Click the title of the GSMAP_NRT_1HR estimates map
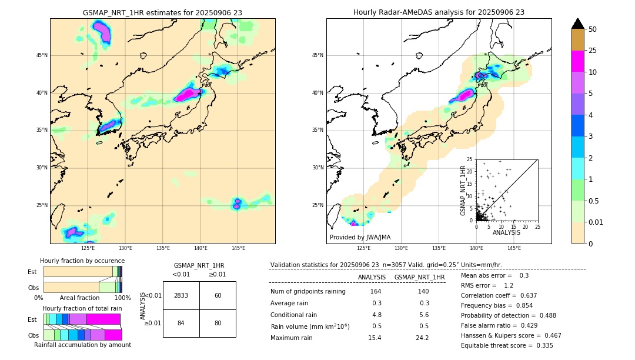(x=162, y=12)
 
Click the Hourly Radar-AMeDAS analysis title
(x=439, y=12)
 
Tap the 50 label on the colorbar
(x=593, y=29)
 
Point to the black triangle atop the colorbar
(x=578, y=24)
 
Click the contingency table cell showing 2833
(x=181, y=295)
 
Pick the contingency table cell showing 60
(x=218, y=295)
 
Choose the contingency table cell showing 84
(x=181, y=323)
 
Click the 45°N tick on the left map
(x=41, y=55)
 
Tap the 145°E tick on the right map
(x=514, y=248)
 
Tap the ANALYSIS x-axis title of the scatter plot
(x=506, y=232)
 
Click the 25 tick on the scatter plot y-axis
(x=470, y=159)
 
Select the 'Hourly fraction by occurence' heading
(x=82, y=261)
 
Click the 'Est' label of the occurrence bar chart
(x=32, y=272)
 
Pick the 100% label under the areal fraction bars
(x=122, y=298)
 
